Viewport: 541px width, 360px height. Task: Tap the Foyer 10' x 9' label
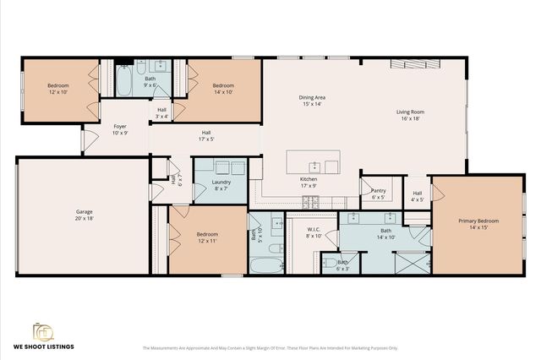pos(120,129)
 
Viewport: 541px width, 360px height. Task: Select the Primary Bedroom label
pos(478,224)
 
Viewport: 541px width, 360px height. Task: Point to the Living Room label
pos(411,115)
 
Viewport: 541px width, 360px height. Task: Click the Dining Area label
pos(312,101)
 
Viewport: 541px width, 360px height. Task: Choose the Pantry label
pos(379,194)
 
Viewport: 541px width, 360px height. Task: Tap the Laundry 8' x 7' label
pos(221,185)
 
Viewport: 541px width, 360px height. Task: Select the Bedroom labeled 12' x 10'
pos(57,89)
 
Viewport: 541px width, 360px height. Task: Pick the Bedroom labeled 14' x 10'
pos(223,89)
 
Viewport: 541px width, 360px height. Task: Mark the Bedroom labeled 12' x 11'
pos(207,237)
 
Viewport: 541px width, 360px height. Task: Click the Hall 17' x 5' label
pos(206,135)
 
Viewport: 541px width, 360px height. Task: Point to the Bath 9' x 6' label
pos(150,81)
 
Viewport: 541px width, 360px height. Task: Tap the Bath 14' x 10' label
pos(385,233)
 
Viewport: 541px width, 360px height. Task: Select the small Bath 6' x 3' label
pos(342,265)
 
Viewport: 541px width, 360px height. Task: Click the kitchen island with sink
pos(313,161)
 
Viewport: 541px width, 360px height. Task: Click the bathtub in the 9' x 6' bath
pos(124,85)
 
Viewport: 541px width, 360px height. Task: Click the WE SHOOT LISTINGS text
pos(43,346)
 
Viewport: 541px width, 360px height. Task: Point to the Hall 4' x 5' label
pos(418,196)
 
